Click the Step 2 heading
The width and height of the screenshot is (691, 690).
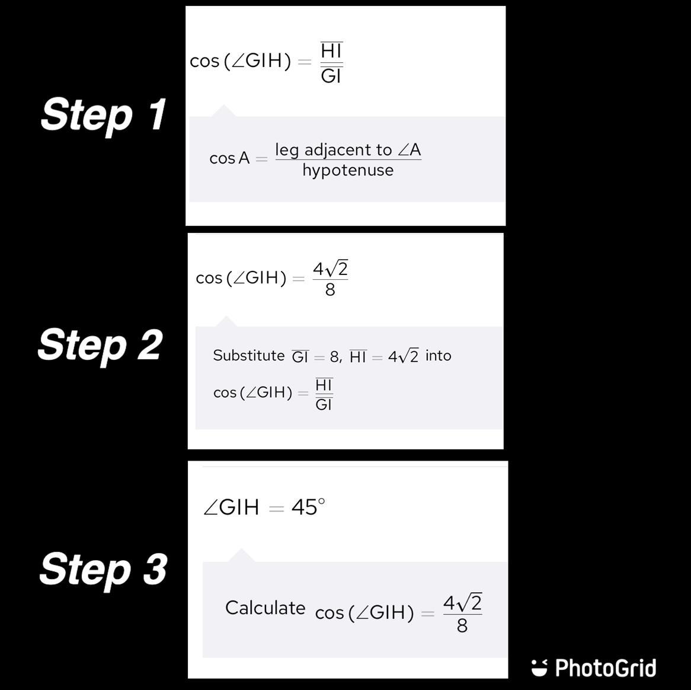tap(100, 345)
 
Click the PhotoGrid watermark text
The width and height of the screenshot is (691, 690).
tap(606, 668)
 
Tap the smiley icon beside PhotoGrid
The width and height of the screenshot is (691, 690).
tap(539, 667)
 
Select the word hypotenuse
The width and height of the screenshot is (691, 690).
tap(348, 170)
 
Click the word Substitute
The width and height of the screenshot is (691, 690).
tap(248, 355)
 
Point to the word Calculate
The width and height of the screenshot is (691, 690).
tap(265, 608)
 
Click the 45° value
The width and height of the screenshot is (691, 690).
tap(308, 507)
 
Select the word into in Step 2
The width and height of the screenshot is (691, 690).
tap(438, 355)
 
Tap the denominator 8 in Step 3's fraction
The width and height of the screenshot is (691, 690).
tap(462, 625)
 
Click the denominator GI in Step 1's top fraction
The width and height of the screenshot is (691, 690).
tap(331, 76)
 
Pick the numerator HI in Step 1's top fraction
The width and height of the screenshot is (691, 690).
tap(331, 51)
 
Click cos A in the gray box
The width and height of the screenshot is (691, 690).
tap(229, 158)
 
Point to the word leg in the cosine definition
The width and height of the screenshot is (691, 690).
tap(286, 151)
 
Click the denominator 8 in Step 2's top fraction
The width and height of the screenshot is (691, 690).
tap(330, 290)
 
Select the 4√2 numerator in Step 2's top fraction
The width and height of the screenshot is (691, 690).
tap(331, 269)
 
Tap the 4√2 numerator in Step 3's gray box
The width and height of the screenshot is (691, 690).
tap(462, 603)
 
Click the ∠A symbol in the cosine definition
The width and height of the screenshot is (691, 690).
tap(410, 150)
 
